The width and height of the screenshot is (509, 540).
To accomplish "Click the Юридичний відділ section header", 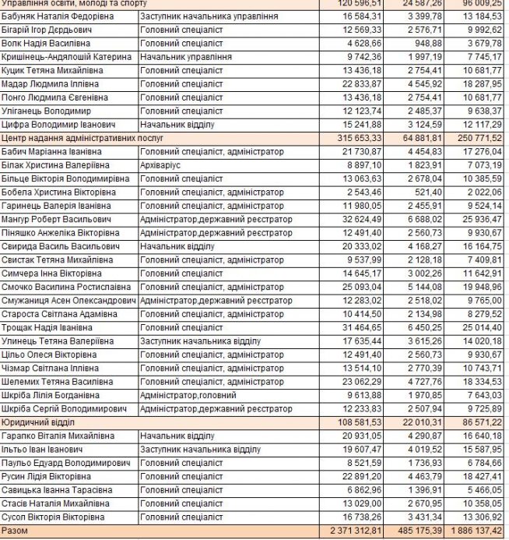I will tap(36, 422).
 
